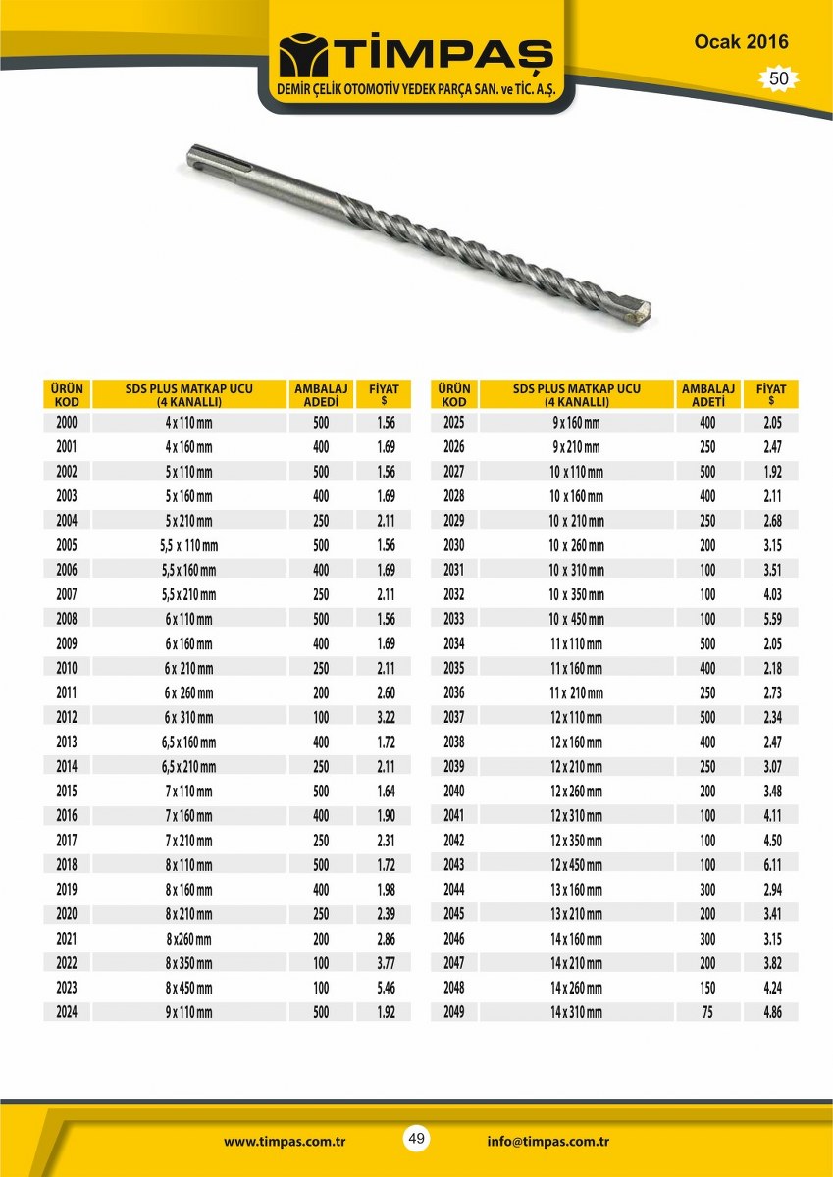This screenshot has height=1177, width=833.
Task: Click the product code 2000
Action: [67, 423]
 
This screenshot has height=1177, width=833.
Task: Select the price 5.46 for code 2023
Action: [386, 988]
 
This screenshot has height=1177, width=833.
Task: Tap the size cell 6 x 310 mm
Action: [188, 718]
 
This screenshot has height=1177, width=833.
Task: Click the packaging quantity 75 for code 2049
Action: [707, 1012]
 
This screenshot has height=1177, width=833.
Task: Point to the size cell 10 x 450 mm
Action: [576, 620]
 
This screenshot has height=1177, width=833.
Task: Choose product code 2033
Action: [453, 619]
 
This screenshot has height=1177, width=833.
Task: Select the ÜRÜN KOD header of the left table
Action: [67, 395]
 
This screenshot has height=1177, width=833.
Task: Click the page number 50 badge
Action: [779, 79]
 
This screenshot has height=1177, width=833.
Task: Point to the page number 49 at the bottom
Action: [416, 1139]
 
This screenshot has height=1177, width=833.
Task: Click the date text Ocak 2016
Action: [741, 42]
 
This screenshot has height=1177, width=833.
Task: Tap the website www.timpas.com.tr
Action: [285, 1141]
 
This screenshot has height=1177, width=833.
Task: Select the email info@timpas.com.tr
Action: [548, 1141]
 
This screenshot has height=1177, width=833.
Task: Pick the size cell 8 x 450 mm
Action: [188, 988]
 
